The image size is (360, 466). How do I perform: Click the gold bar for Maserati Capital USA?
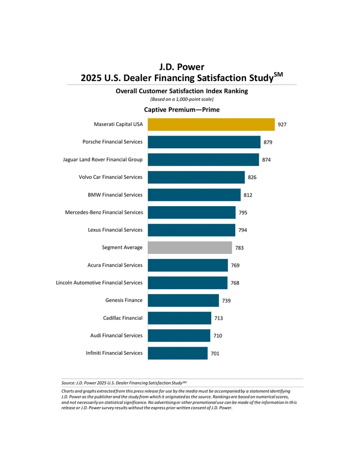point(211,125)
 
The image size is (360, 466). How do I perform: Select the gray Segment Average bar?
point(190,248)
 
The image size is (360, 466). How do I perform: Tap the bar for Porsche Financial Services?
point(204,142)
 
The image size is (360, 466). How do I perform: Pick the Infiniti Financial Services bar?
point(178,353)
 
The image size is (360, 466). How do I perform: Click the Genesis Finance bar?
point(183,300)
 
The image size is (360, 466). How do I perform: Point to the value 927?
point(282,125)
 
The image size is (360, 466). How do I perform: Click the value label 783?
point(239,248)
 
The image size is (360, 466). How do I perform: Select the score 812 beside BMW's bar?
point(248,195)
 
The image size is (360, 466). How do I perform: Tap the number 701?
point(215,353)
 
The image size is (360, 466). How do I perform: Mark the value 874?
point(266,160)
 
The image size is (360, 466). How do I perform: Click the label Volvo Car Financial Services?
point(111,177)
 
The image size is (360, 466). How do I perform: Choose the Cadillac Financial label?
point(123,318)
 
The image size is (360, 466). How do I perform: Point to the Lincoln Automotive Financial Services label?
point(99,283)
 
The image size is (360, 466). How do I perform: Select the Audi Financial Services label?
point(117,335)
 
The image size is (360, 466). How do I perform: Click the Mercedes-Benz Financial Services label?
point(104,213)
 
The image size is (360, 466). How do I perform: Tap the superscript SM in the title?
point(278,74)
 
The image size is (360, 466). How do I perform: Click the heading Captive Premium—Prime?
point(182,110)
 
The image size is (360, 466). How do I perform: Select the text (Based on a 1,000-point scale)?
point(182,99)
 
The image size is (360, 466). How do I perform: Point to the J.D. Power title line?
point(182,67)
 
